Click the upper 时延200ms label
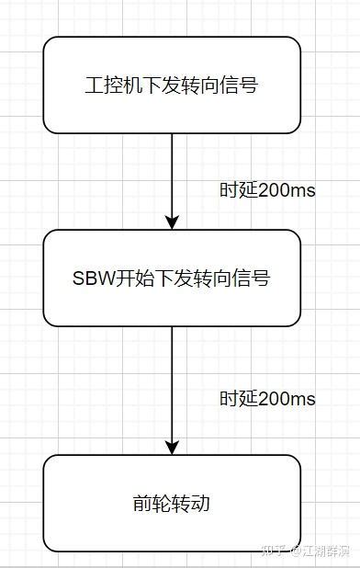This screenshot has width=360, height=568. click(266, 190)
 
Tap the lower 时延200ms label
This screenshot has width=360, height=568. click(266, 399)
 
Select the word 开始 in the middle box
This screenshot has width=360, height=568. click(129, 278)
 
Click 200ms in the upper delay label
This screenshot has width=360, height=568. click(287, 190)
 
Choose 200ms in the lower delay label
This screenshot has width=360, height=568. click(287, 399)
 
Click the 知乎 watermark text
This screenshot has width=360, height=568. click(273, 551)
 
